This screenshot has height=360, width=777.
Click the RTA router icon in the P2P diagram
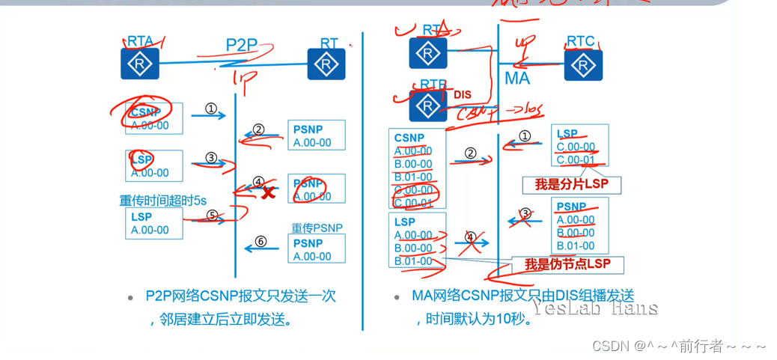[x=140, y=64]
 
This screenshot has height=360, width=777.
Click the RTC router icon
[x=583, y=64]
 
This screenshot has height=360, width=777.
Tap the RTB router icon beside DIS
[x=428, y=105]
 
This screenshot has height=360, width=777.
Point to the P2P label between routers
[x=242, y=45]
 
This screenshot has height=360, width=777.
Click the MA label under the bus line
[x=517, y=78]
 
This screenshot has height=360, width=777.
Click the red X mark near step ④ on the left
[x=268, y=193]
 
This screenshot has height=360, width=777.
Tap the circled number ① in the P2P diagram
[x=211, y=109]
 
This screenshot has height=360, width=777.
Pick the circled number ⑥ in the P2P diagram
[x=260, y=241]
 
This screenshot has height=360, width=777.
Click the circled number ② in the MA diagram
[x=470, y=153]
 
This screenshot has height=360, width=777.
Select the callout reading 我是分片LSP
[x=572, y=183]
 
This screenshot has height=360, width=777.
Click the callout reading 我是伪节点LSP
[x=566, y=265]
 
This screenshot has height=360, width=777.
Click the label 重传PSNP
[x=317, y=228]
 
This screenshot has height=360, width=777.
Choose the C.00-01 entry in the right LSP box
[x=576, y=159]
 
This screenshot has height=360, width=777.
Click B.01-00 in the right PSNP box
[x=576, y=245]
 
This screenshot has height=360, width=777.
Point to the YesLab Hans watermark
[x=595, y=308]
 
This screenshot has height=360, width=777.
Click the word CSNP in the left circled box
[x=146, y=113]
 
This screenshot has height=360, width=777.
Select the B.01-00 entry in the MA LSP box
[x=413, y=261]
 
